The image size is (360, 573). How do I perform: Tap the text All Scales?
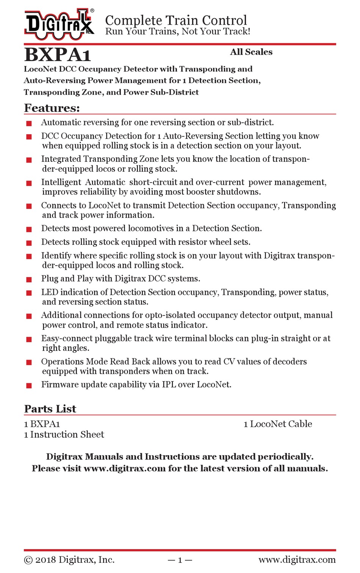click(x=251, y=52)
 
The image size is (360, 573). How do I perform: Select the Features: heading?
click(x=52, y=108)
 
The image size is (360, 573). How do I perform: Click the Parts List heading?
click(x=50, y=409)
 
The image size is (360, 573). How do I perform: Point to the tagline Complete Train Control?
click(x=176, y=20)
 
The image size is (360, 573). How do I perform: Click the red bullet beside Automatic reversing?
click(x=29, y=123)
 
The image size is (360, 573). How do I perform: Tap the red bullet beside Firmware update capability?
click(x=29, y=385)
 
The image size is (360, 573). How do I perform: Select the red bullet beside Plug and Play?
click(x=29, y=279)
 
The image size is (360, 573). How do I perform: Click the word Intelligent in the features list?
click(x=61, y=182)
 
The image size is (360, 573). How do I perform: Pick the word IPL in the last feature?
click(x=169, y=385)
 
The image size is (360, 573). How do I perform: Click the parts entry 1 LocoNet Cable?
click(x=278, y=424)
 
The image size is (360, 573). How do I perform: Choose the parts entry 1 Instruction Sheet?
click(x=64, y=435)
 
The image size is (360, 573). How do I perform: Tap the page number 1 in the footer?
click(x=180, y=560)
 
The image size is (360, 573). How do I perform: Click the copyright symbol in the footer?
click(x=28, y=560)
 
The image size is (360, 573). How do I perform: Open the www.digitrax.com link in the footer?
click(x=297, y=560)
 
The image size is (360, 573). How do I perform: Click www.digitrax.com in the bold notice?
click(x=125, y=468)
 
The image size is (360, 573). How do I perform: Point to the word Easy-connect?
click(x=67, y=338)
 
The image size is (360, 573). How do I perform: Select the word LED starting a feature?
click(x=49, y=292)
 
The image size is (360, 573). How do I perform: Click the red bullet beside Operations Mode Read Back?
click(x=29, y=362)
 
